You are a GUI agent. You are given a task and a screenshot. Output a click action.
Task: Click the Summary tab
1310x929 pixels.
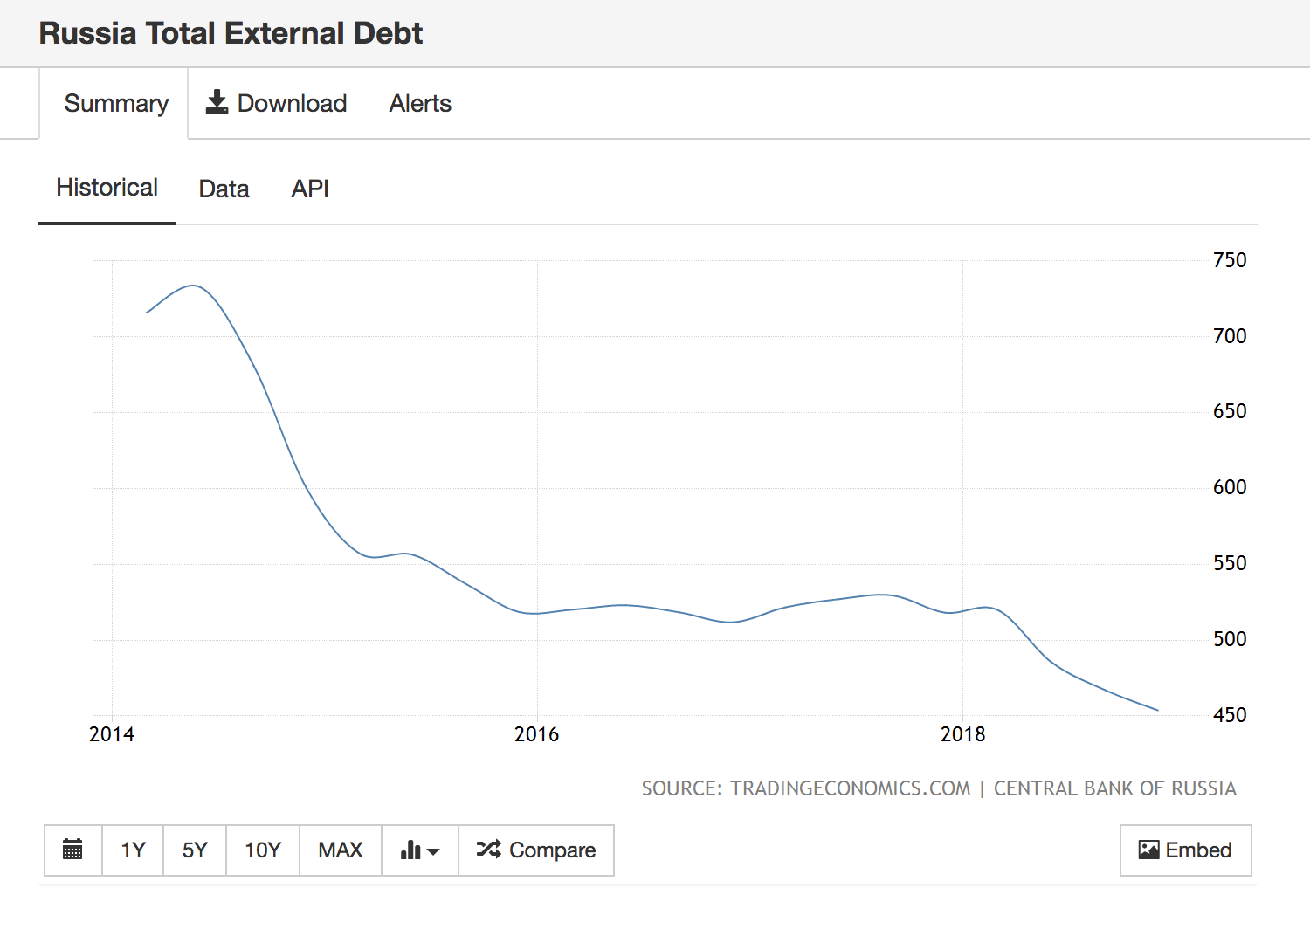(x=116, y=104)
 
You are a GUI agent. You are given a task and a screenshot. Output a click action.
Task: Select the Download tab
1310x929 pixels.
(x=276, y=104)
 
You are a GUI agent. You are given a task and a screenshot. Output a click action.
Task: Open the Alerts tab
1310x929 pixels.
(x=420, y=104)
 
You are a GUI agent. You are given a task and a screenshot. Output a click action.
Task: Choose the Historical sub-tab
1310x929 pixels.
(x=107, y=188)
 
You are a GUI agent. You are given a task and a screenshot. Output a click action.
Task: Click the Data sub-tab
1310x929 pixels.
(x=224, y=189)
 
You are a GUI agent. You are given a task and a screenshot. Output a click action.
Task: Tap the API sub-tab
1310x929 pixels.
(x=310, y=189)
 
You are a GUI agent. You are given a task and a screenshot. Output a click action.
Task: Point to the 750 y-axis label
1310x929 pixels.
(x=1230, y=260)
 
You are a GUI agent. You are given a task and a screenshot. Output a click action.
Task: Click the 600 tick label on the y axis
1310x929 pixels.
(x=1230, y=487)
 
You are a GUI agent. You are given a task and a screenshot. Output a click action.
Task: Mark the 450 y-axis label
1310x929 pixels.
(x=1230, y=715)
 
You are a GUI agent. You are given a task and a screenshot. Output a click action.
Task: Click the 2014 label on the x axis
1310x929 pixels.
(x=112, y=734)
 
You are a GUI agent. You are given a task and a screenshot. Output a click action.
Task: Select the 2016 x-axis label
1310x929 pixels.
(x=536, y=734)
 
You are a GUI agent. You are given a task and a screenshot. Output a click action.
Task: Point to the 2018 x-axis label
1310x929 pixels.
(x=962, y=734)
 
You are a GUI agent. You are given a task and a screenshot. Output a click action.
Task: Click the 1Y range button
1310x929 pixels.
(x=133, y=850)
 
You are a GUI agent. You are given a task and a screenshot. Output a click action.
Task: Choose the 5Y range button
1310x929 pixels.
(x=195, y=850)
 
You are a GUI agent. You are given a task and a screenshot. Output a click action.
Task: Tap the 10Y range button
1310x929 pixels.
(x=263, y=850)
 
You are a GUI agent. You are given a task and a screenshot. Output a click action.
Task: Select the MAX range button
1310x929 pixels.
(x=341, y=850)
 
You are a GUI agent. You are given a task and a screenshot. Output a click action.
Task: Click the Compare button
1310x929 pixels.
(x=536, y=850)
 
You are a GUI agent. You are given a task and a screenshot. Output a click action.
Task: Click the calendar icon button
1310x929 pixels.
(x=73, y=850)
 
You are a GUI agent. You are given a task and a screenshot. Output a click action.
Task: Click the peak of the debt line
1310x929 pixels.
(x=192, y=286)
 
